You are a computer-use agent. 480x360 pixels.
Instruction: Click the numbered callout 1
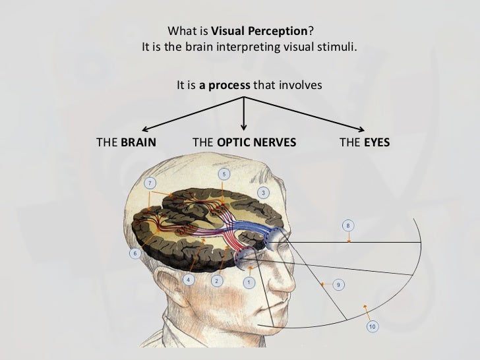click(249, 282)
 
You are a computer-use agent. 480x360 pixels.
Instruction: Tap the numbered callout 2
click(216, 280)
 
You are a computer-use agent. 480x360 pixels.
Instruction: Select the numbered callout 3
click(263, 193)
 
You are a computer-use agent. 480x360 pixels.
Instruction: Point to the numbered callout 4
click(189, 280)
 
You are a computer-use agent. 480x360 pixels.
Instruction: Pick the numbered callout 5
click(224, 174)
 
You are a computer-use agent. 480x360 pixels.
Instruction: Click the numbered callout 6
click(135, 254)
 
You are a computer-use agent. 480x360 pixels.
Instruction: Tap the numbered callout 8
click(348, 226)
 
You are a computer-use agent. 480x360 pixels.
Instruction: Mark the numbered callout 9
click(338, 284)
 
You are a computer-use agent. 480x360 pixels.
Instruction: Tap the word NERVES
click(274, 142)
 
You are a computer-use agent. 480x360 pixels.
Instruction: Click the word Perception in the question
click(281, 31)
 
